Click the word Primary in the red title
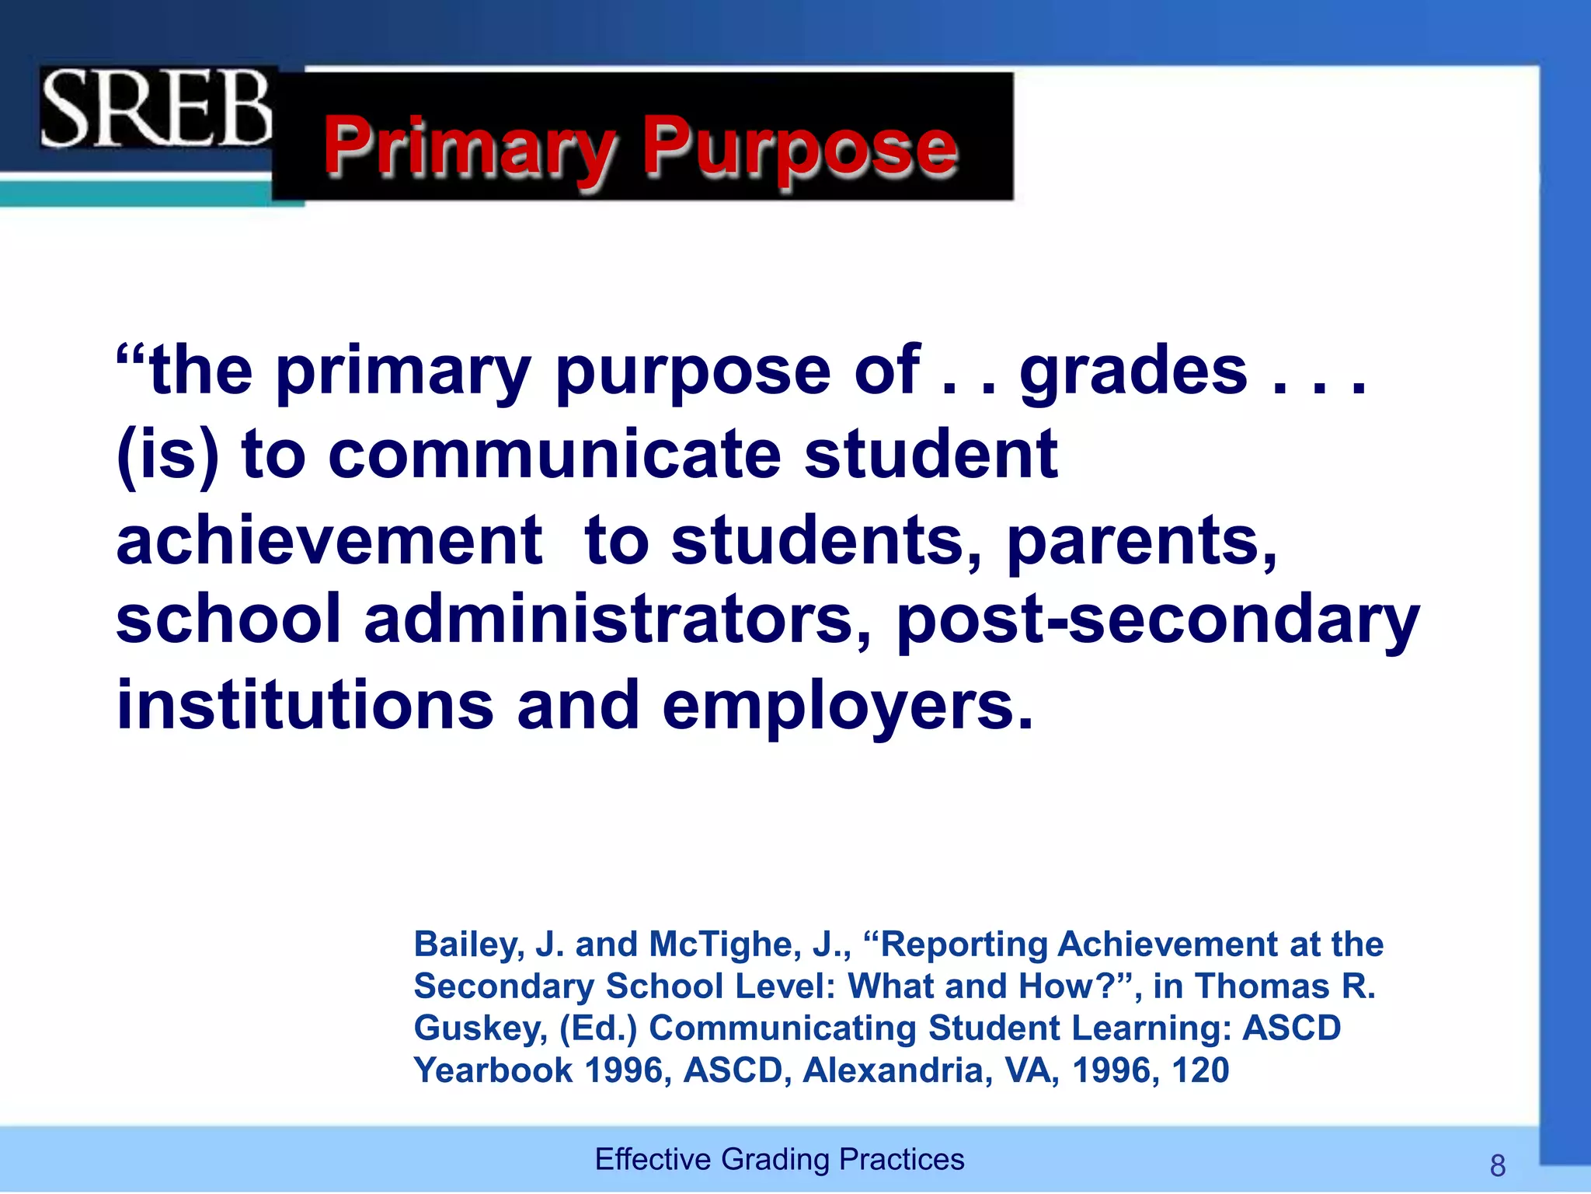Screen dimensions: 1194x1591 pos(470,148)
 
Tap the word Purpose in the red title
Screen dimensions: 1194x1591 pos(800,148)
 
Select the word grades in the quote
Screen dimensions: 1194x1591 pos(1133,372)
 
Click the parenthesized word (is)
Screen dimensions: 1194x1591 pos(168,456)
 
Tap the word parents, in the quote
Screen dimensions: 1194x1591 pos(1142,543)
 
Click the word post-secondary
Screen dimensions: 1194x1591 pos(1158,621)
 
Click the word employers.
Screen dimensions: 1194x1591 pos(847,707)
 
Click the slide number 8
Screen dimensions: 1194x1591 pos(1498,1166)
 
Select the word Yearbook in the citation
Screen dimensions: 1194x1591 pos(493,1070)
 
